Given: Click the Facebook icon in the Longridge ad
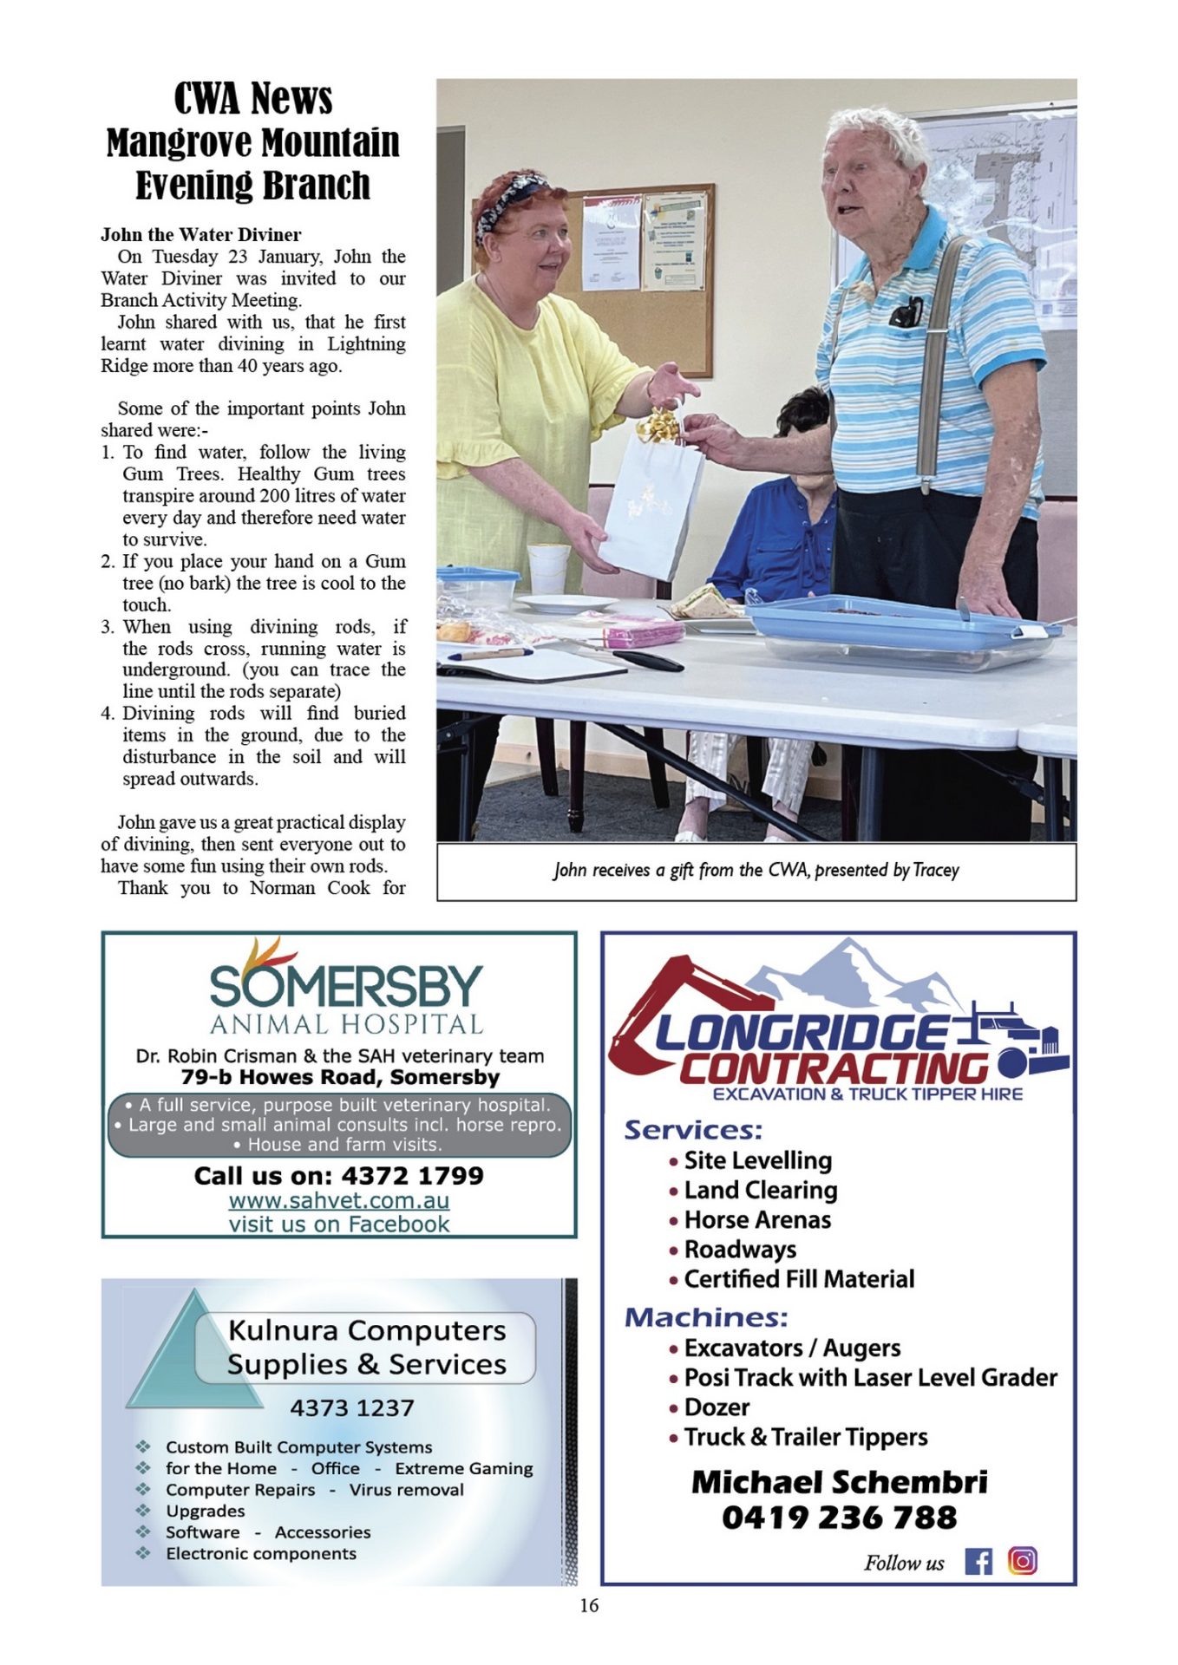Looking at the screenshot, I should [x=978, y=1561].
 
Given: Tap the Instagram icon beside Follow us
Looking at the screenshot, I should [x=1022, y=1560].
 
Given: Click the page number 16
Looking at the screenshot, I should [x=589, y=1605].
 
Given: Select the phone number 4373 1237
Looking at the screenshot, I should [x=351, y=1407].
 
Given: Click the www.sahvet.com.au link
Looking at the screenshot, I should [x=339, y=1200].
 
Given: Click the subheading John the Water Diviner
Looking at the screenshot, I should [x=201, y=234].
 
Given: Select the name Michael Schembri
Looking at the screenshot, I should [x=839, y=1482].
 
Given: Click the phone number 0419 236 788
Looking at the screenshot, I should [x=839, y=1518].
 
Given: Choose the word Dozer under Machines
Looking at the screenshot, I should [x=717, y=1407].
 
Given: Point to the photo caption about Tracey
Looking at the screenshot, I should [x=756, y=870].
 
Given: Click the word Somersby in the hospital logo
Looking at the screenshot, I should [x=345, y=986].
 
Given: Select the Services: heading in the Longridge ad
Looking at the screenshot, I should [x=693, y=1130].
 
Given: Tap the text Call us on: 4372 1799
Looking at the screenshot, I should [x=339, y=1176].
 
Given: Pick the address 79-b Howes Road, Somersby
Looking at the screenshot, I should [x=340, y=1077].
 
